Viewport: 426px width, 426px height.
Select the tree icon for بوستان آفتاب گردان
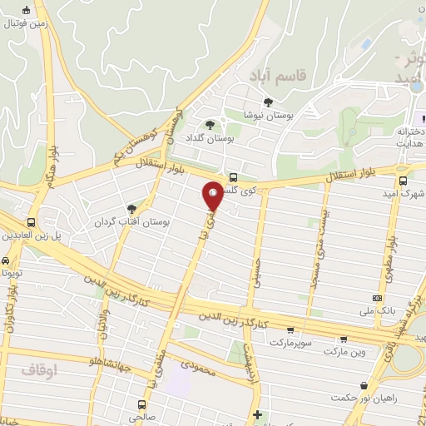pyautogui.click(x=131, y=210)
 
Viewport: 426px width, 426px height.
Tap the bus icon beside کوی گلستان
pyautogui.click(x=233, y=176)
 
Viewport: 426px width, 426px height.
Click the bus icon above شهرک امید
pyautogui.click(x=404, y=180)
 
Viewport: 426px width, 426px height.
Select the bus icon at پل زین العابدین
pyautogui.click(x=31, y=223)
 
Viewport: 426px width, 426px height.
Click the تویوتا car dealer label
pyautogui.click(x=12, y=272)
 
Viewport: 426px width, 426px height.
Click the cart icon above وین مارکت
pyautogui.click(x=344, y=339)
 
